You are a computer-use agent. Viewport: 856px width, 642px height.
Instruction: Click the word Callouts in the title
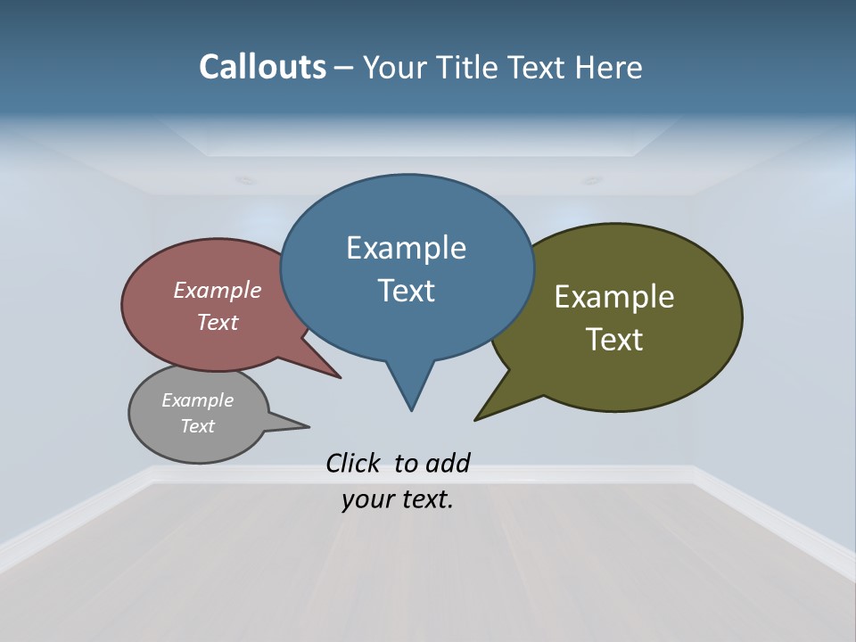(x=262, y=68)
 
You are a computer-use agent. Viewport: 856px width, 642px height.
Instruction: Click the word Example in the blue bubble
(x=406, y=248)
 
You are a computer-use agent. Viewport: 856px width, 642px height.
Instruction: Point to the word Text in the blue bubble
(x=406, y=291)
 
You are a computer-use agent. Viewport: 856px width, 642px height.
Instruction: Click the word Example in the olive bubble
(x=613, y=297)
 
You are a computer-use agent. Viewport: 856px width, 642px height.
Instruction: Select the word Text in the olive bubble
(x=614, y=339)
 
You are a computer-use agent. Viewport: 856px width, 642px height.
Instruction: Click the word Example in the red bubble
(x=217, y=291)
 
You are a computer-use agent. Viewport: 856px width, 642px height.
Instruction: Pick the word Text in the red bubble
(x=217, y=322)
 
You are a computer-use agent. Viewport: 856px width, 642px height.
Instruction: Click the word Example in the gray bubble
(x=197, y=400)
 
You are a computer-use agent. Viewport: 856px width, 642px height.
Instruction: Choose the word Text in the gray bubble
(x=197, y=426)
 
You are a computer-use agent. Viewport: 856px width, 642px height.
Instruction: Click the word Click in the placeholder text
(x=354, y=463)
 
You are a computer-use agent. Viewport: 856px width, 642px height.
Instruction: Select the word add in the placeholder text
(x=448, y=463)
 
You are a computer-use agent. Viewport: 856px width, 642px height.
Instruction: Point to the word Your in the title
(x=395, y=68)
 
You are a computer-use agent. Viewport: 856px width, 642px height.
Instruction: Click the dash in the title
(x=344, y=68)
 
